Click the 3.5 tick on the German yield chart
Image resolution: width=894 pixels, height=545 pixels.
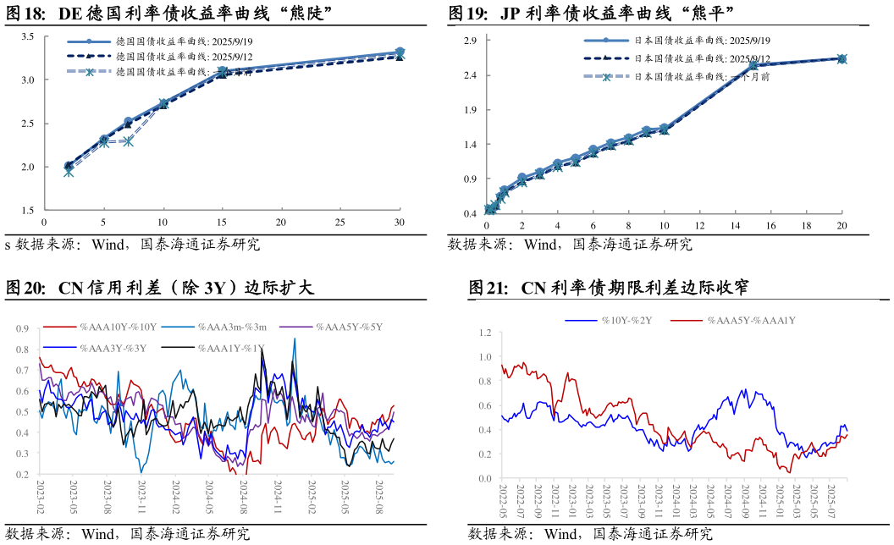pyautogui.click(x=27, y=36)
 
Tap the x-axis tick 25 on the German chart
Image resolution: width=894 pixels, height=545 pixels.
pyautogui.click(x=339, y=223)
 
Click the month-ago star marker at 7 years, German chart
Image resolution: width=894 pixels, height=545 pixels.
pyautogui.click(x=128, y=141)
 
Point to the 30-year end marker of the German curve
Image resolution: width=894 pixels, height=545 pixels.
pyautogui.click(x=400, y=52)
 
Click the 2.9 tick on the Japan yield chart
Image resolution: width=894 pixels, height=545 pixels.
pyautogui.click(x=471, y=41)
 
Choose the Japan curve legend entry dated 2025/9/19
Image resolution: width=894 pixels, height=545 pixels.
pyautogui.click(x=702, y=40)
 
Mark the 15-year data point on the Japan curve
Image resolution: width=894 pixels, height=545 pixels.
pyautogui.click(x=753, y=65)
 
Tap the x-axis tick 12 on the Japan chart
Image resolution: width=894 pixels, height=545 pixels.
pyautogui.click(x=699, y=227)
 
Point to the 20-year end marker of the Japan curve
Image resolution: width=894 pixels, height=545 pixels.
pyautogui.click(x=842, y=58)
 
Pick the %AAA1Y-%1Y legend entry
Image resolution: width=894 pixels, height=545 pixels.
pyautogui.click(x=232, y=347)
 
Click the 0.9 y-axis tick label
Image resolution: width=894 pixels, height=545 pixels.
pyautogui.click(x=22, y=329)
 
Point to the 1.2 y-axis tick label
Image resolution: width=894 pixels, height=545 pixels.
pyautogui.click(x=485, y=333)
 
